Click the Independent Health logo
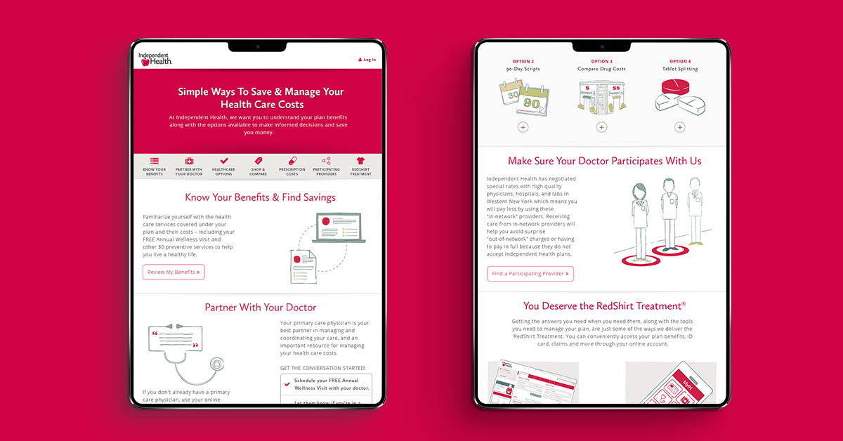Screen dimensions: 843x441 click(155, 59)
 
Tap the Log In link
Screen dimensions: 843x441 click(367, 60)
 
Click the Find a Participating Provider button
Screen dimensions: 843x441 click(530, 274)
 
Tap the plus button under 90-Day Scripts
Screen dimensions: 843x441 click(523, 127)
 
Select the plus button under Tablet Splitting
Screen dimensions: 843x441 click(679, 127)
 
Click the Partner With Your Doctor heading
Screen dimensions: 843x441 click(260, 308)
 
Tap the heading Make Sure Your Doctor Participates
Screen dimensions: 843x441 click(604, 162)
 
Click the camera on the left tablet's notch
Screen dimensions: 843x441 click(258, 46)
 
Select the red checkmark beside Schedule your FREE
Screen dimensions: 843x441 click(287, 384)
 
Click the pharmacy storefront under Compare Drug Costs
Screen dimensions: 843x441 click(601, 96)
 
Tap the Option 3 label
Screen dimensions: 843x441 click(601, 61)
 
